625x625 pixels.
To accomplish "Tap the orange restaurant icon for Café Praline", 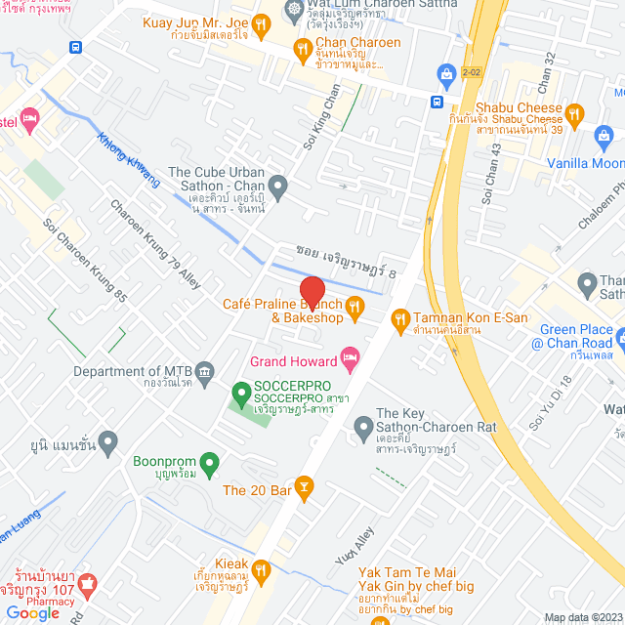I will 355,310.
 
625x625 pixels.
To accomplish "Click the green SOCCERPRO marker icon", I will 239,395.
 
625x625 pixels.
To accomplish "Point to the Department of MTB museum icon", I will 204,371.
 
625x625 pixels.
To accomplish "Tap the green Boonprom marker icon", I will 207,462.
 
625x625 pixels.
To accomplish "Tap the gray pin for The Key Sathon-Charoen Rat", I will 363,426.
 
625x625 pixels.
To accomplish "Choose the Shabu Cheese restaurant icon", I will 575,114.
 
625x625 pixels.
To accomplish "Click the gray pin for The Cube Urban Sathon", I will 278,185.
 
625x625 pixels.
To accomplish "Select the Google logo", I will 31,612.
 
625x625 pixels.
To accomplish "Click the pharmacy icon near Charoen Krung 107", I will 87,583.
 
